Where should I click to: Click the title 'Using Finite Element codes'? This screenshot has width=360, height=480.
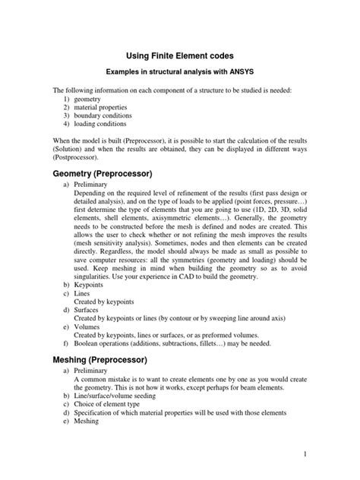tap(179, 55)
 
